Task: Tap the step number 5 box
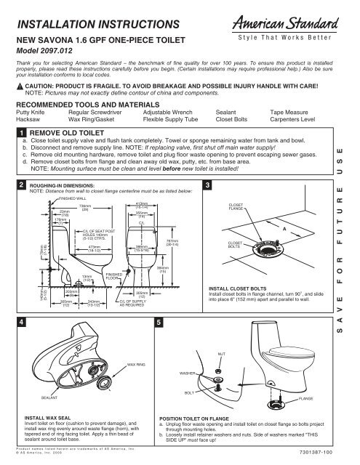pos(159,321)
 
